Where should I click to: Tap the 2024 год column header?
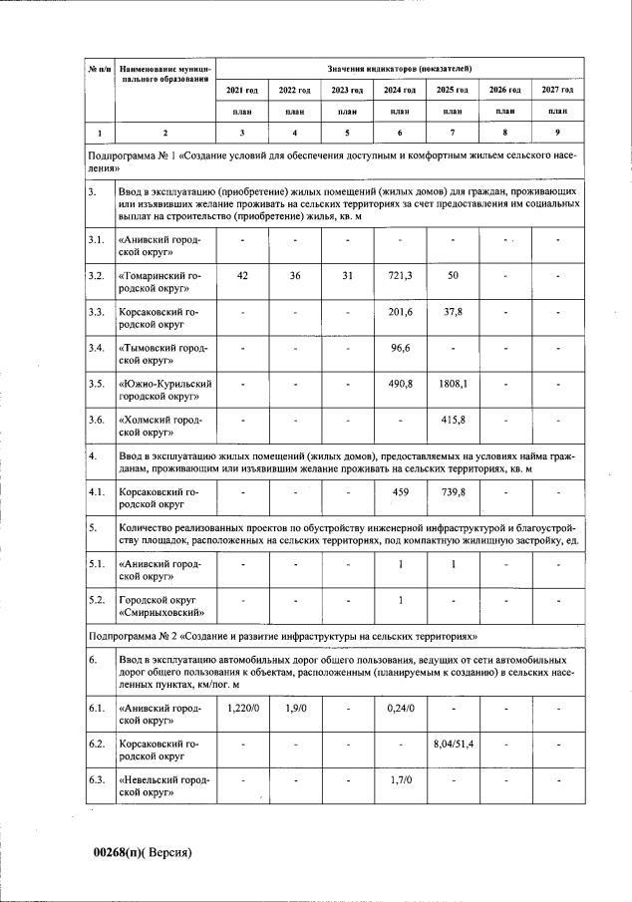point(400,90)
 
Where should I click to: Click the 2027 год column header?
point(556,90)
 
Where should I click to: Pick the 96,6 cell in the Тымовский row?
point(400,347)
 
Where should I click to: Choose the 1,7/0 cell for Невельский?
point(400,779)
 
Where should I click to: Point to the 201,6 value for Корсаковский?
point(400,311)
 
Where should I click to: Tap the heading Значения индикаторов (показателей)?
point(400,67)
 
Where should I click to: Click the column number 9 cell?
point(556,132)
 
